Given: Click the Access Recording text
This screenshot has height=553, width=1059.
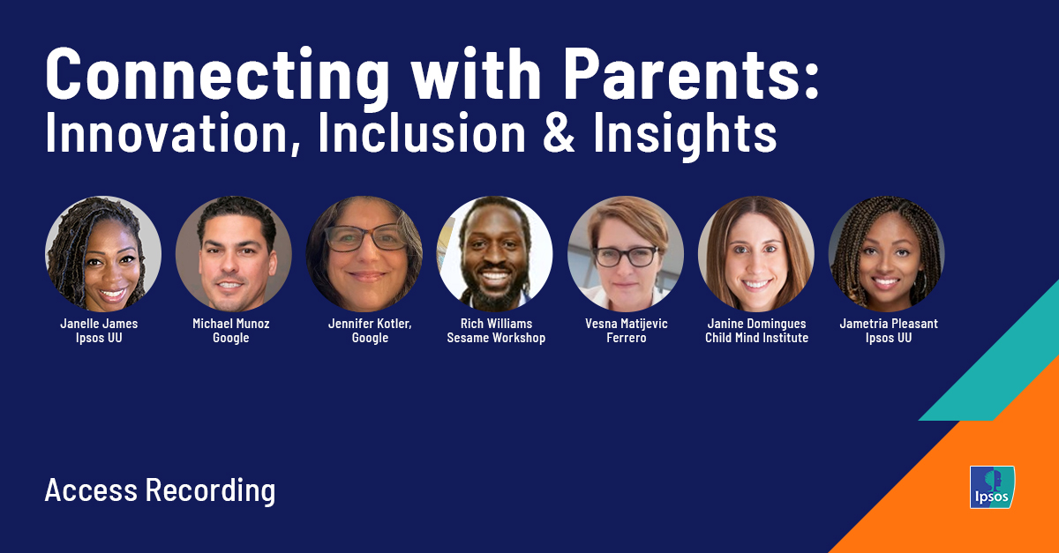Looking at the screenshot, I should click(x=160, y=489).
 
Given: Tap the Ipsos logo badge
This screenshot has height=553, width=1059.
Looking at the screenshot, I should click(x=992, y=487).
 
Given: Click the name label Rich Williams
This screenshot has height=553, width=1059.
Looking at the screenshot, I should click(x=496, y=324).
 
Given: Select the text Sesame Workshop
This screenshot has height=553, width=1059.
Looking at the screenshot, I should click(x=496, y=338).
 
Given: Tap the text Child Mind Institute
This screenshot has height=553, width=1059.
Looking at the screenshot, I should click(x=756, y=338).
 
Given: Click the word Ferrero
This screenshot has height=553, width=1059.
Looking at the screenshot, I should click(x=625, y=338).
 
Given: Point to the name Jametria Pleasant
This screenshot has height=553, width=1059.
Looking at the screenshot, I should click(x=889, y=324).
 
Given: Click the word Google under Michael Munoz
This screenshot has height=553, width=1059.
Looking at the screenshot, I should click(x=231, y=338).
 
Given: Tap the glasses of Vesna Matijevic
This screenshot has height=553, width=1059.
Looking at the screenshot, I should click(x=626, y=257).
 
